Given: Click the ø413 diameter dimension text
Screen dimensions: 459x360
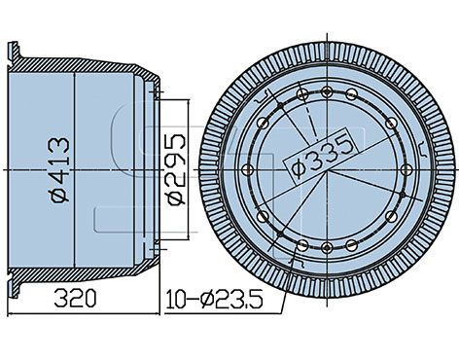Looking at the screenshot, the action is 60,169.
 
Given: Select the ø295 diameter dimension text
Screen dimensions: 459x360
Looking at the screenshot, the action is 176,169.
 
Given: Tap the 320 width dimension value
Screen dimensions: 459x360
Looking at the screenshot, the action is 75,299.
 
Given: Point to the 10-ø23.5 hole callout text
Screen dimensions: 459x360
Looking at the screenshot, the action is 214,300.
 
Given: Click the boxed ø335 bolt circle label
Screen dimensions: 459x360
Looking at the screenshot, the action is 321,153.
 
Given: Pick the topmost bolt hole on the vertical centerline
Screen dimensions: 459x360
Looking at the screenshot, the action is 327,92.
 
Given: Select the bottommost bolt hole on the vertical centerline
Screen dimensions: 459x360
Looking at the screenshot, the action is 327,247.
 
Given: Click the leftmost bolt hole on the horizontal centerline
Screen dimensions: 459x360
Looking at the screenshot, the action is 247,169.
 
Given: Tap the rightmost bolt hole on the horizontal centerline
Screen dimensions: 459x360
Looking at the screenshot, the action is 406,169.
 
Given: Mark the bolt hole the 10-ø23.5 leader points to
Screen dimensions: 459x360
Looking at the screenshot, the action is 302,245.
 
